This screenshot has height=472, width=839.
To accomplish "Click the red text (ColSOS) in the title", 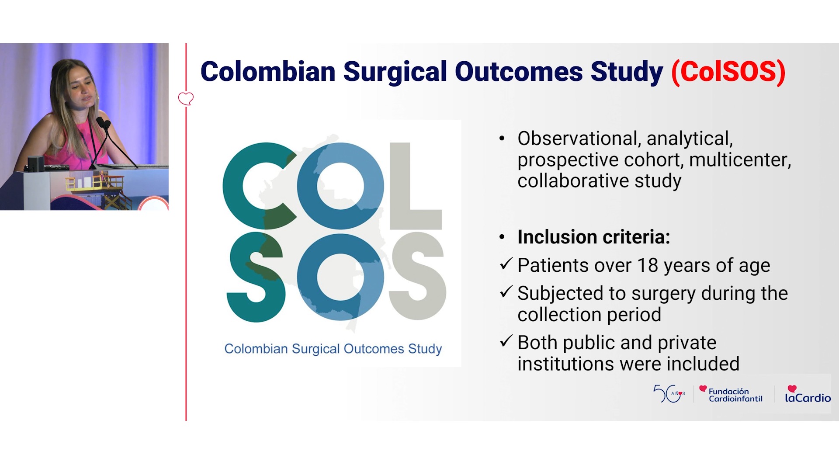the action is [728, 72].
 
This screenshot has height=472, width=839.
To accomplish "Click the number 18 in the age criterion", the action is [648, 265].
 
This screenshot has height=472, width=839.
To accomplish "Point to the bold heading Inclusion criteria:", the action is [594, 237].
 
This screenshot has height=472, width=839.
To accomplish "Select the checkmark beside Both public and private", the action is [506, 340].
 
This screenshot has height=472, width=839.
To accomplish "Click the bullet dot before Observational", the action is [502, 139].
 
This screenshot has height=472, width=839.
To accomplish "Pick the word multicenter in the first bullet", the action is [740, 160].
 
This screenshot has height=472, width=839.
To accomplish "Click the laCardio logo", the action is [808, 394].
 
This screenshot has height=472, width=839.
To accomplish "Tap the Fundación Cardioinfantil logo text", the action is [735, 395].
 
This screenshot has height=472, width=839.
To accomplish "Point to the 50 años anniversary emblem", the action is [669, 393].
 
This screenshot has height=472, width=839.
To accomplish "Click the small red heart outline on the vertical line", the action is [186, 98].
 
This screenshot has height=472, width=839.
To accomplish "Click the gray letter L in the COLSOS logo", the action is [416, 186].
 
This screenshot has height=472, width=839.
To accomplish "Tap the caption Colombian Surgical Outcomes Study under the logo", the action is [333, 349].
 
